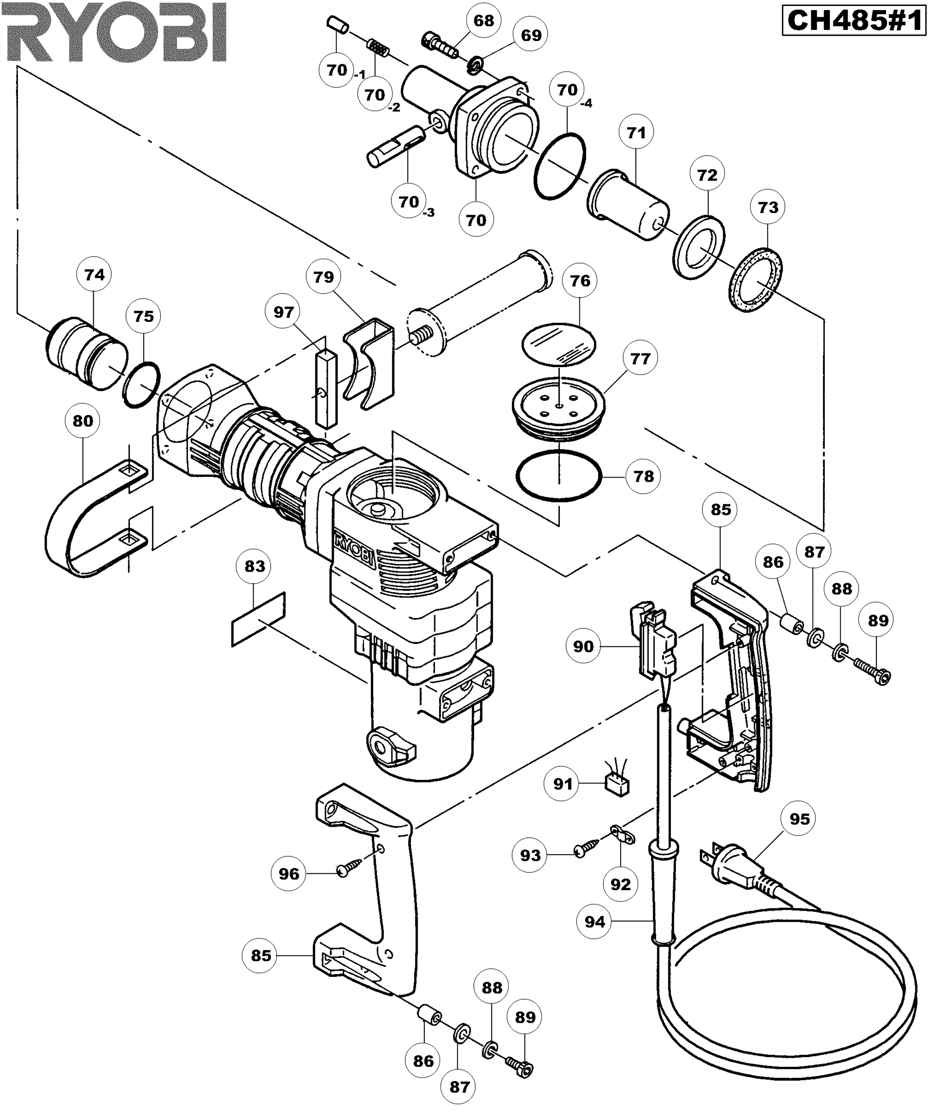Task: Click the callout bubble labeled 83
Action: coord(255,566)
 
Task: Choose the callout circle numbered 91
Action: coord(563,784)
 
